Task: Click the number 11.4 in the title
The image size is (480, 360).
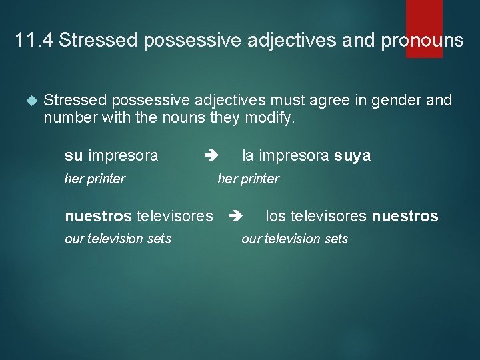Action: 33,41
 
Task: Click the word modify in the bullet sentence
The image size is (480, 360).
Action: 271,118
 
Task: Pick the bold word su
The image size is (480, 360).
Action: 73,156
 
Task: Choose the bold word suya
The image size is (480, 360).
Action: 352,156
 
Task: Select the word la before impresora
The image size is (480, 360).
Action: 248,156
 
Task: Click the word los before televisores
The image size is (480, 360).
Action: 276,216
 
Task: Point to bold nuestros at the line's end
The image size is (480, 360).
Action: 405,216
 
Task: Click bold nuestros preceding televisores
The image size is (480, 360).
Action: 98,216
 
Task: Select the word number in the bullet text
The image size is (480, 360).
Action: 67,118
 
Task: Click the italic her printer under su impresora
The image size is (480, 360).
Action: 95,179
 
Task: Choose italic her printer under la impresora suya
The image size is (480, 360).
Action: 248,179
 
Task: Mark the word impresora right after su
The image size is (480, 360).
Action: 123,156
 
